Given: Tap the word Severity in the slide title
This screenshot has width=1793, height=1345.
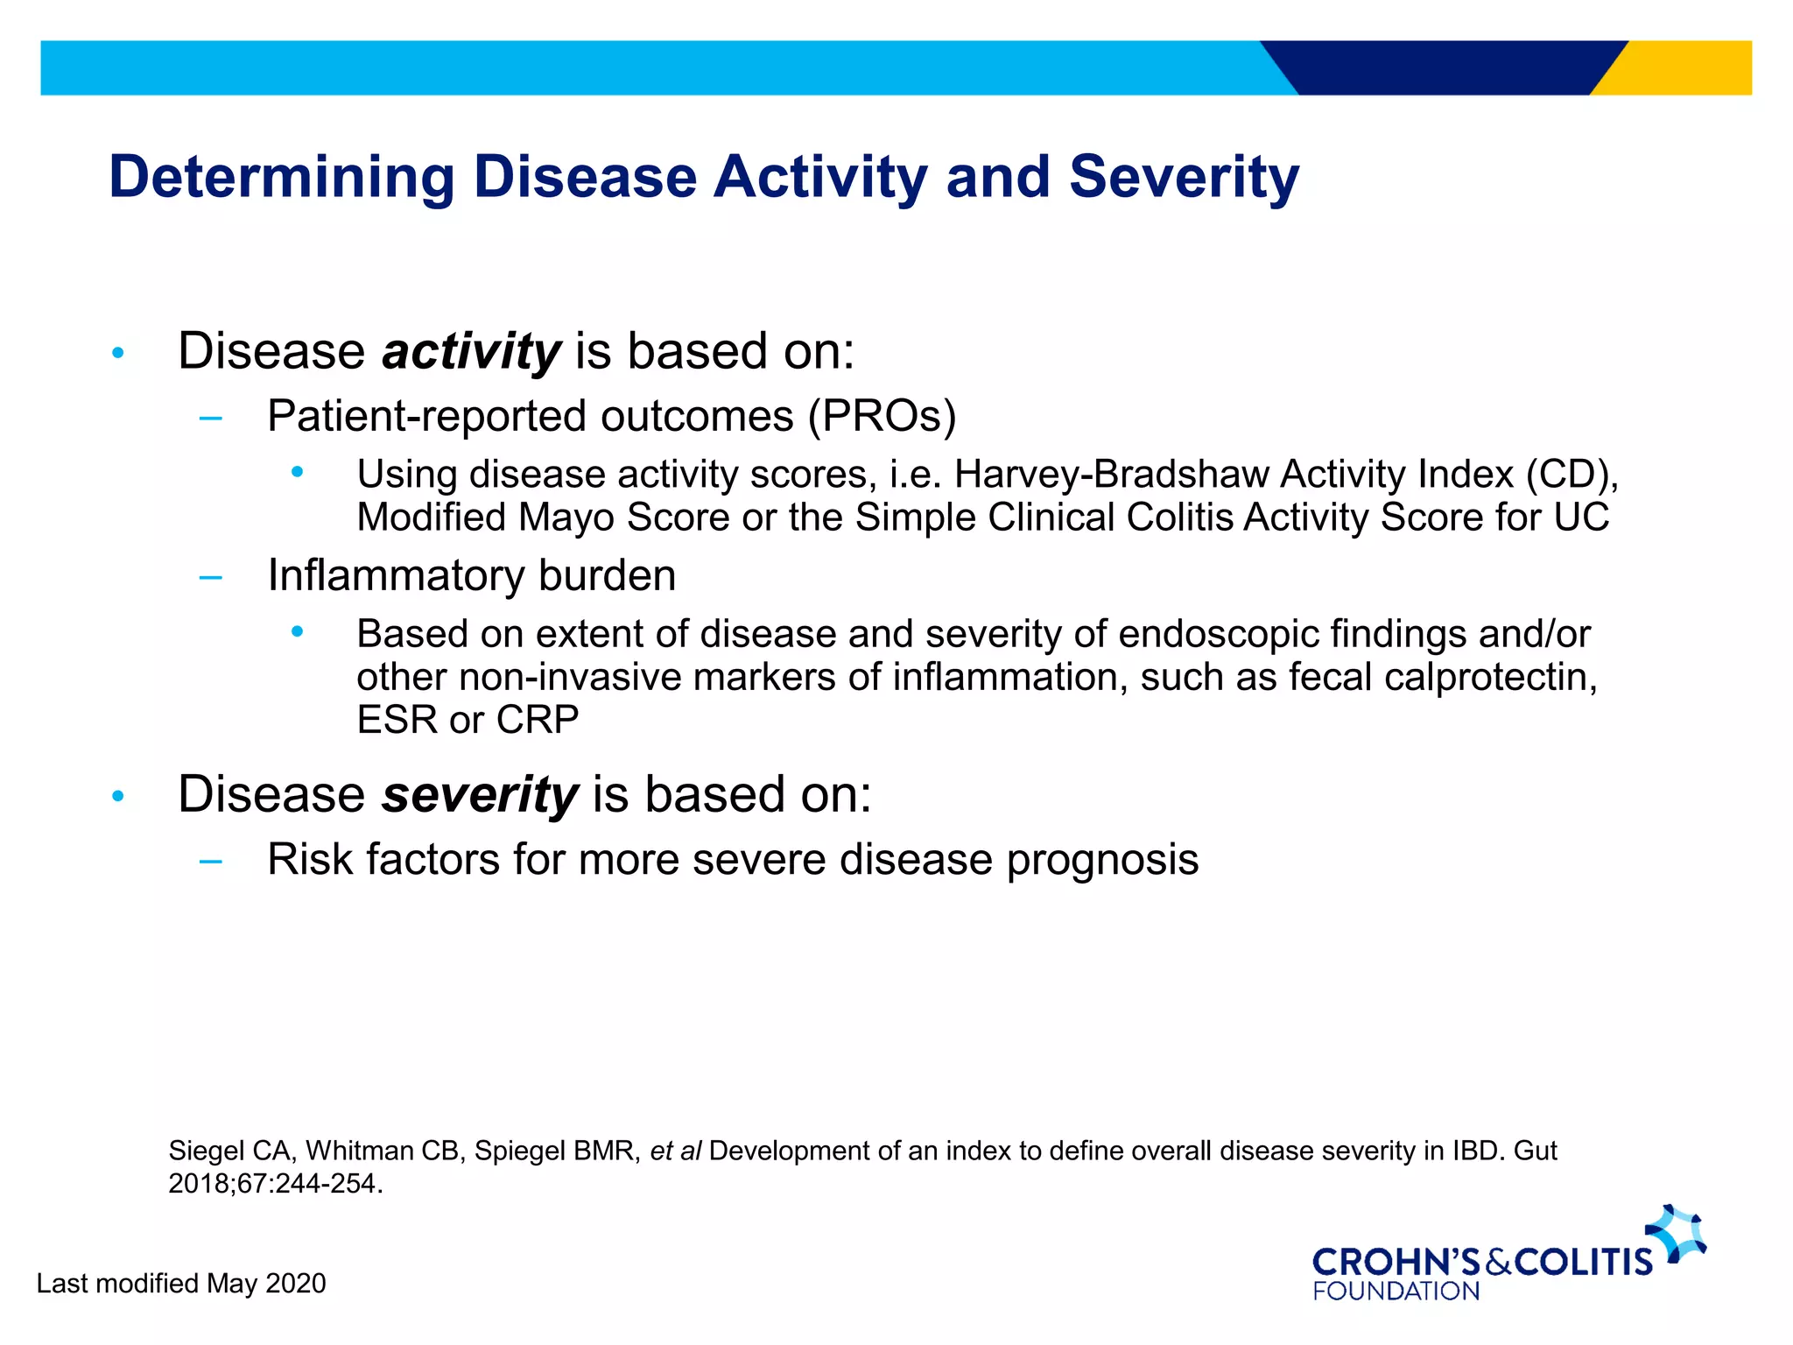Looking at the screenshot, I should [1184, 178].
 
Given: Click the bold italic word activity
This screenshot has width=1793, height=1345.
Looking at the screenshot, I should [471, 352].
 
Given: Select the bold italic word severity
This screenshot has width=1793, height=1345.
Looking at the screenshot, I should [480, 795].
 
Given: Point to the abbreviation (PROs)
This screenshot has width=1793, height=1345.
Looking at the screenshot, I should [882, 416].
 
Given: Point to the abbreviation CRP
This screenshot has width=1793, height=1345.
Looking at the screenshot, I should [537, 720].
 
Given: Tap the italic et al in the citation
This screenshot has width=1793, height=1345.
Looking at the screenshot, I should [675, 1151].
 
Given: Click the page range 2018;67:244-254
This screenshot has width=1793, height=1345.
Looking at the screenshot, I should [275, 1184].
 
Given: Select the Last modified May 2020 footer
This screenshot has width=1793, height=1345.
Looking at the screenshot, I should [181, 1284].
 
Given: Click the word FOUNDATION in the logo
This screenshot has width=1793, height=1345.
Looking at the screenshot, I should [1396, 1292].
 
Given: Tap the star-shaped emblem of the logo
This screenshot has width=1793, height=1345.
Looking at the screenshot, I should [1677, 1233].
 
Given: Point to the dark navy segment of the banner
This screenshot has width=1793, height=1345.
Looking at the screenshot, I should [1445, 67].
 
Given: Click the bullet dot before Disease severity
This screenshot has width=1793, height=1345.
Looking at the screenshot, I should [118, 797].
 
